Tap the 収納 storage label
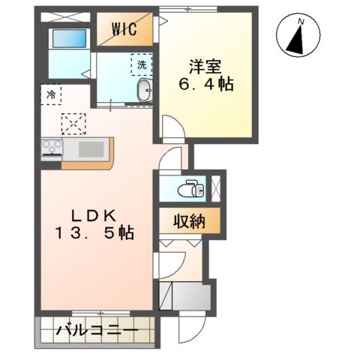click(190, 221)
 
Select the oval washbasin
click(143, 92)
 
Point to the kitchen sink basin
click(91, 149)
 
